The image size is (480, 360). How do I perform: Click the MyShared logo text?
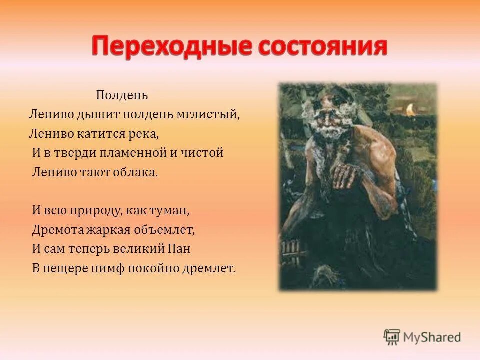tap(433, 337)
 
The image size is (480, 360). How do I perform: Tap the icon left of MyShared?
tap(392, 337)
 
